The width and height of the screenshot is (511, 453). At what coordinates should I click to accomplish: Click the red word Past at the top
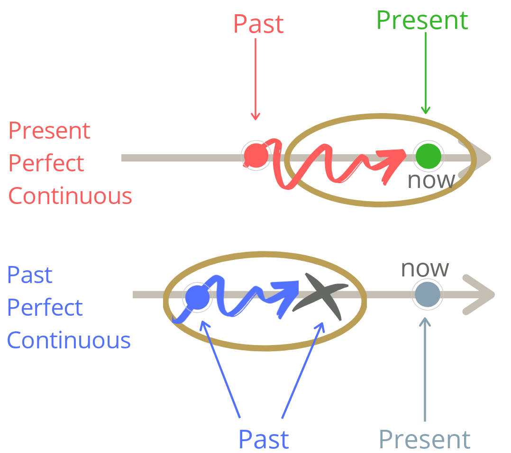pos(258,24)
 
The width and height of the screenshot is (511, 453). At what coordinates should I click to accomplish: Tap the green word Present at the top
pos(422,20)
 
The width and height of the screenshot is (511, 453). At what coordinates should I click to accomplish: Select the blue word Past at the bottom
pos(264,439)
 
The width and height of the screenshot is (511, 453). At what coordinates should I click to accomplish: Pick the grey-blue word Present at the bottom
pos(425,439)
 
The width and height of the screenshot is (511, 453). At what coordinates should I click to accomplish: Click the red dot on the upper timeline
pos(256,155)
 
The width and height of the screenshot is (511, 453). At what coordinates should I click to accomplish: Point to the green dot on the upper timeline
pos(428,155)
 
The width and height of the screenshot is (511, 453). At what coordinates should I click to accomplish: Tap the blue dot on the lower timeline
pos(197,297)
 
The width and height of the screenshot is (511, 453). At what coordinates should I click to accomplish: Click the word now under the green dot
pos(431,180)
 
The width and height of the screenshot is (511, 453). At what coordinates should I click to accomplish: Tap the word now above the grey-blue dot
pos(425,268)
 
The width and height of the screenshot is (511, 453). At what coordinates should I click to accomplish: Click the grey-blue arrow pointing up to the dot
pos(425,369)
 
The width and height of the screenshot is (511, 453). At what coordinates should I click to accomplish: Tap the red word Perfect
pos(46,163)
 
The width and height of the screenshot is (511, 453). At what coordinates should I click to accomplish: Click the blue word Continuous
pos(69,340)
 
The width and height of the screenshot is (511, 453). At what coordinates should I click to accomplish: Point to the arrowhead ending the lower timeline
pos(480,294)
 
